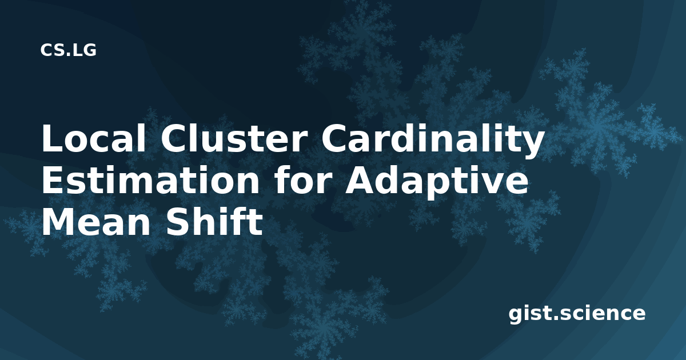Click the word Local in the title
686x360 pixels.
(94, 138)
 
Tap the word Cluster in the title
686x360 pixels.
(234, 138)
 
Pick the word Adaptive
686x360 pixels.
(437, 183)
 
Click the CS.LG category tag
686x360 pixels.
(68, 50)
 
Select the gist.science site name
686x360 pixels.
(577, 314)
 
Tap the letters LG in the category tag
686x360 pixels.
(85, 50)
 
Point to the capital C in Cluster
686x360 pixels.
(174, 138)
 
